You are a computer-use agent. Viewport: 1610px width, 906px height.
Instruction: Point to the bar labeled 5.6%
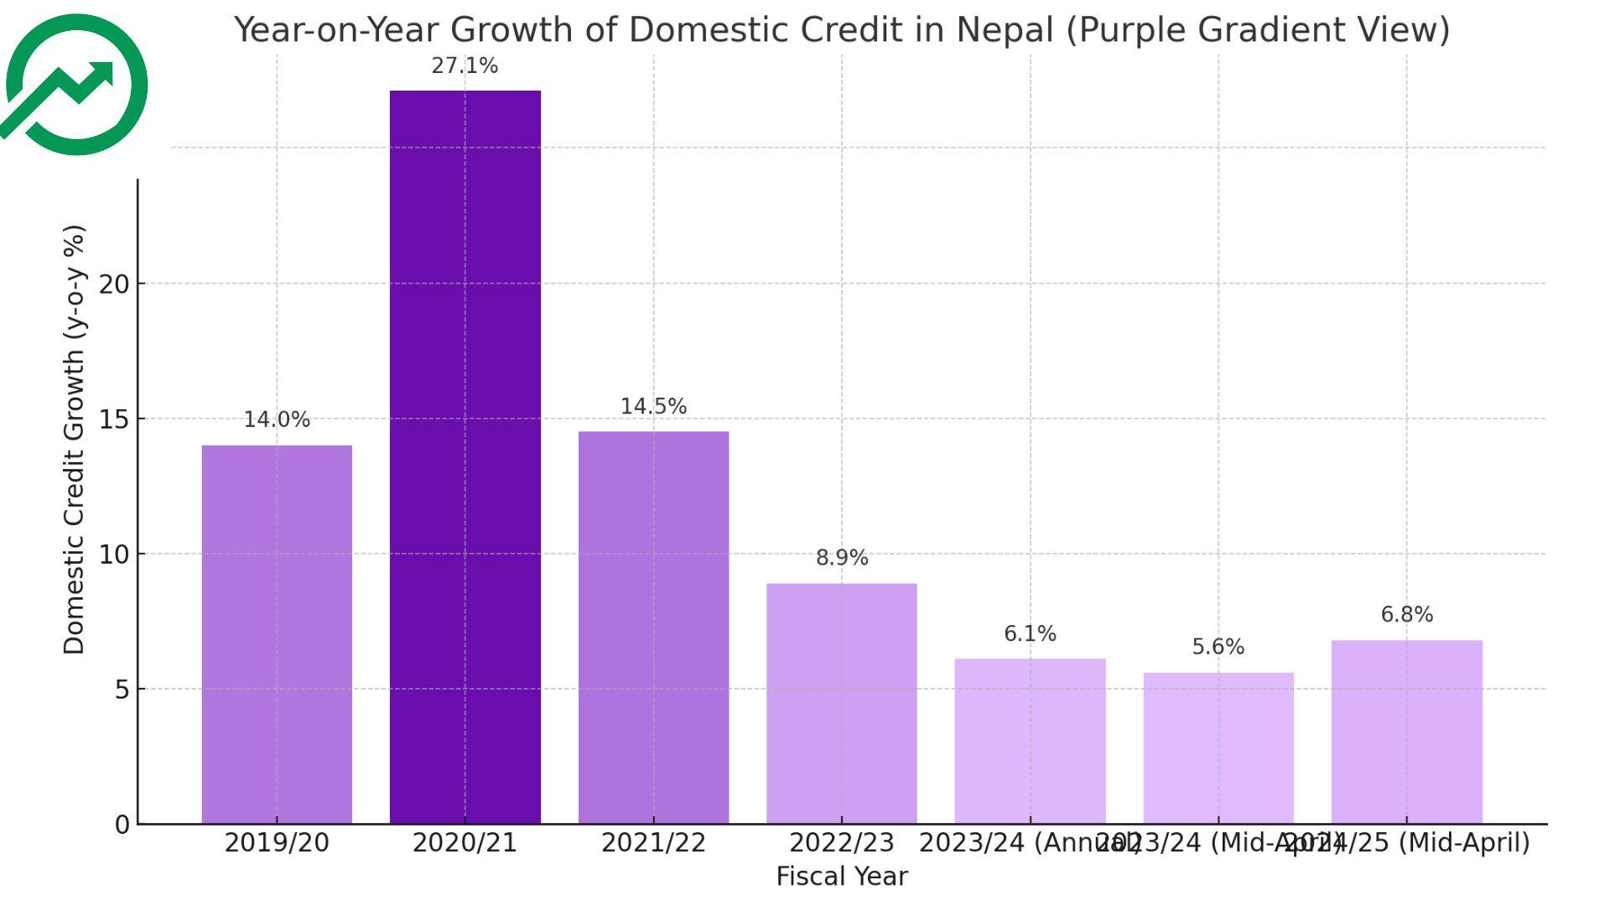tap(1218, 747)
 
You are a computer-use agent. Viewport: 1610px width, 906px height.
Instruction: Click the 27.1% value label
tap(465, 66)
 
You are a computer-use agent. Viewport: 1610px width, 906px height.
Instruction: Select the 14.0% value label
tap(277, 420)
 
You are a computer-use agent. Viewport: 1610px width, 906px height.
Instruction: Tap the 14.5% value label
tap(653, 407)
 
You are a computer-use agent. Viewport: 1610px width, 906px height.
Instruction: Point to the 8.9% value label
tap(842, 558)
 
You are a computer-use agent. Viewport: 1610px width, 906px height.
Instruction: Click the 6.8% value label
tap(1406, 615)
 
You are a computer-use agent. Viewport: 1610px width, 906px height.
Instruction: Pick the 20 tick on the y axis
tap(115, 284)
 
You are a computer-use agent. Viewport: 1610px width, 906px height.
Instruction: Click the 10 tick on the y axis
tap(115, 555)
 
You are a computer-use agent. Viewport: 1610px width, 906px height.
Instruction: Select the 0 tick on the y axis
tap(122, 825)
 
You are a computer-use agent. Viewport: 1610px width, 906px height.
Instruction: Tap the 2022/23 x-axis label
tap(841, 843)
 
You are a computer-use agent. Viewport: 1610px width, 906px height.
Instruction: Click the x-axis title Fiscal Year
tap(841, 877)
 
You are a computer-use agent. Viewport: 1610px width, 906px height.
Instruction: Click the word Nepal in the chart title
tap(1004, 30)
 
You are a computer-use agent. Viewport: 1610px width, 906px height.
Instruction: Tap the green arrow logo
tap(76, 85)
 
